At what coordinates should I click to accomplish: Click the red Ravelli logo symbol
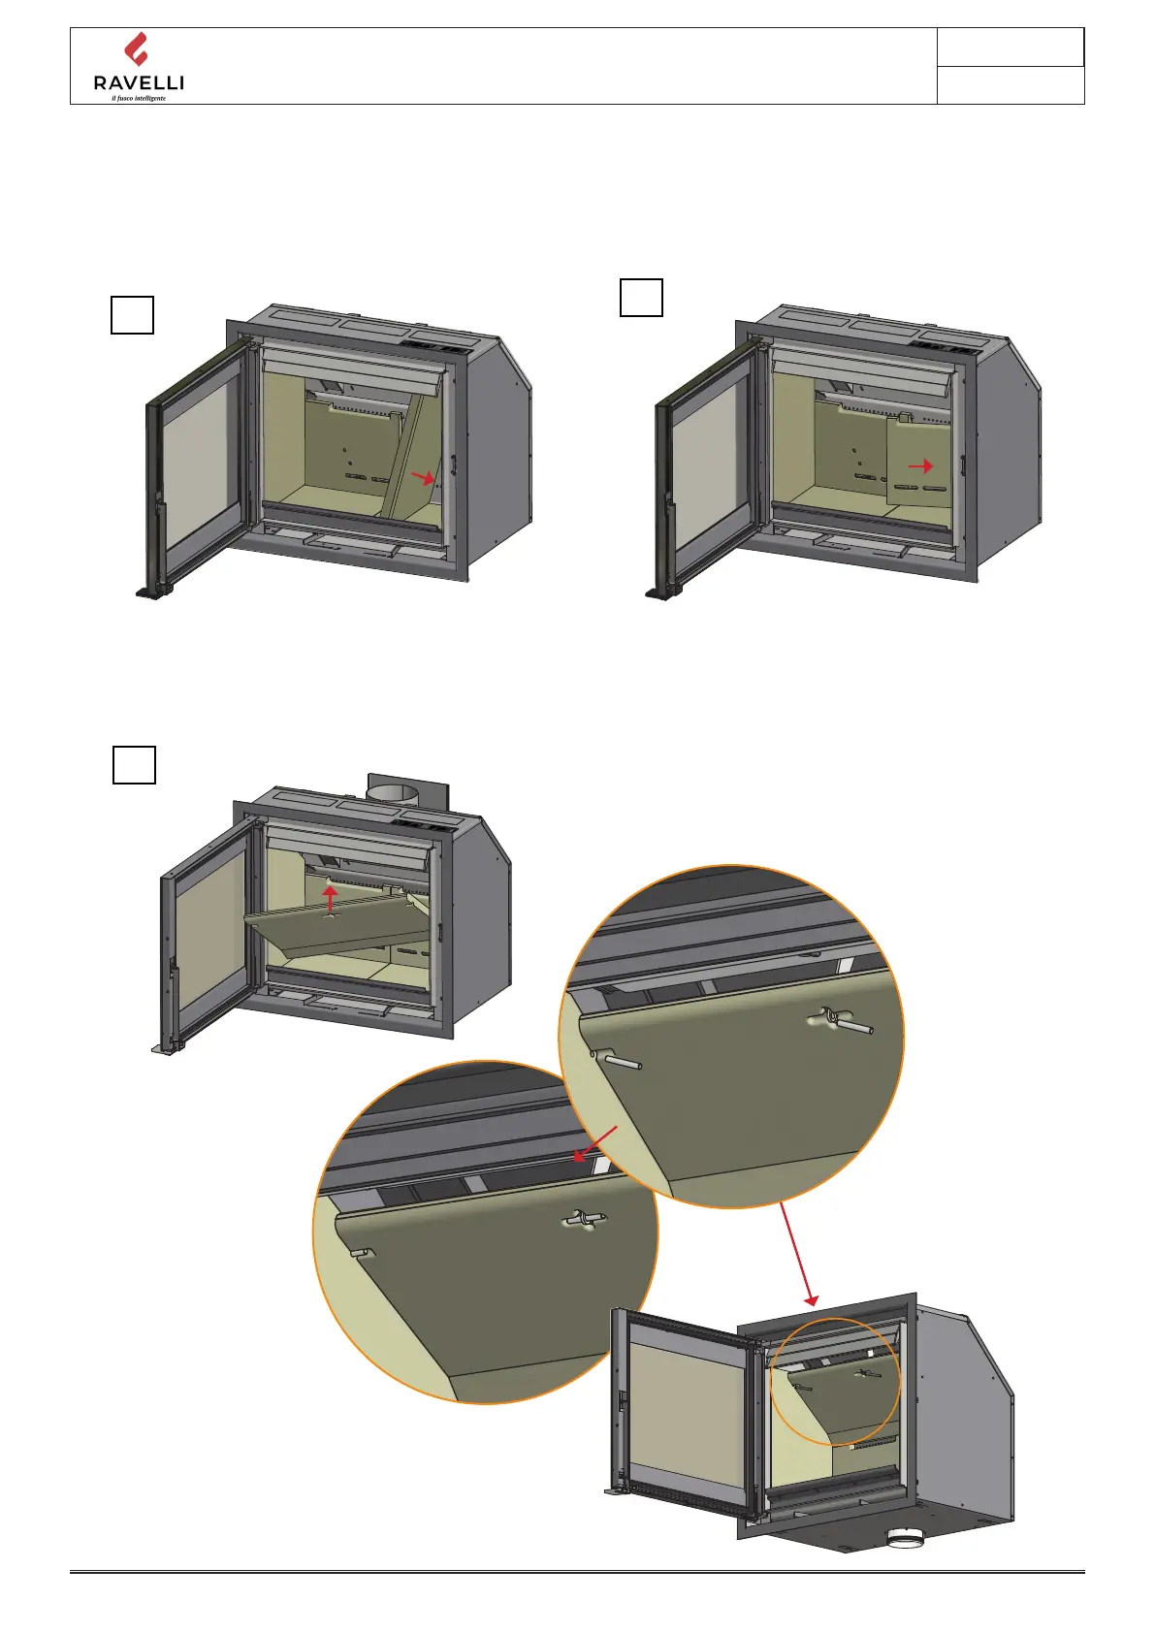click(x=137, y=48)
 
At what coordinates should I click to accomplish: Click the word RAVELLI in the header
click(x=139, y=83)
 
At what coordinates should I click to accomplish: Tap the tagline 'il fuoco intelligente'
click(x=139, y=99)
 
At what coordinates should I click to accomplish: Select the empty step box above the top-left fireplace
click(x=132, y=315)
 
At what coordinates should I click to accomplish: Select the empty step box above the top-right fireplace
click(x=641, y=298)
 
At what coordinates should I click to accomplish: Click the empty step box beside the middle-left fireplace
click(x=134, y=764)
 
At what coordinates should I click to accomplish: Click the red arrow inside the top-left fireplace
click(x=422, y=476)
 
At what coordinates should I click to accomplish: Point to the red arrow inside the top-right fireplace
click(x=920, y=466)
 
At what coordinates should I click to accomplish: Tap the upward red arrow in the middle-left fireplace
click(x=331, y=898)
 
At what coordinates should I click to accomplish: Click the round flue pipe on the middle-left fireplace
click(x=393, y=790)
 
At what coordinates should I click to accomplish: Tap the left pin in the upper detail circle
click(x=619, y=1060)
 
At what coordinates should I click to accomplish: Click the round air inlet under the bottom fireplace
click(x=907, y=1538)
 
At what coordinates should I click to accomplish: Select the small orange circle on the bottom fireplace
click(x=835, y=1382)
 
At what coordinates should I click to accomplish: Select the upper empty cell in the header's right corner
click(x=1010, y=48)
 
